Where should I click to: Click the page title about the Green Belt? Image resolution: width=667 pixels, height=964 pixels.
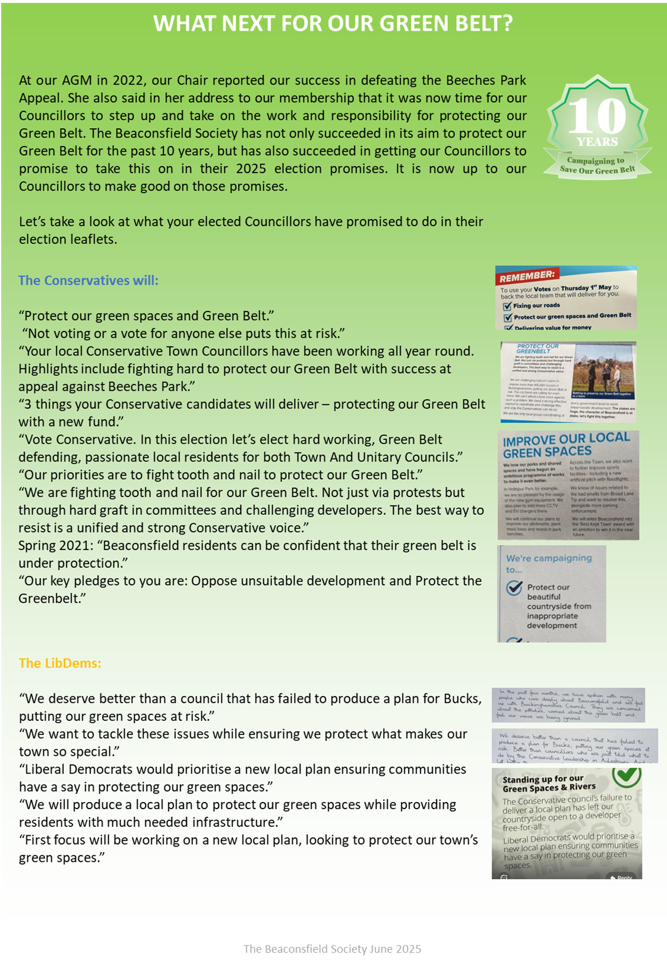pyautogui.click(x=333, y=23)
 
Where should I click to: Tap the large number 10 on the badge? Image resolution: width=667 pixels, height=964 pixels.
pyautogui.click(x=598, y=115)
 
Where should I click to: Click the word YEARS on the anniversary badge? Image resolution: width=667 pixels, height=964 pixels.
pyautogui.click(x=598, y=142)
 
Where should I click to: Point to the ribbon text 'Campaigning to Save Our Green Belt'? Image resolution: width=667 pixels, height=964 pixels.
pyautogui.click(x=598, y=165)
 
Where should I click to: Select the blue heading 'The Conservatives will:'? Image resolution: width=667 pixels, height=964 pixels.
pyautogui.click(x=88, y=280)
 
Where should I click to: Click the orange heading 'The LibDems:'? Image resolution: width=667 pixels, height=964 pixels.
pyautogui.click(x=60, y=663)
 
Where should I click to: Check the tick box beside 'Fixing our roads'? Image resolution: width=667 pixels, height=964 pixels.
pyautogui.click(x=507, y=306)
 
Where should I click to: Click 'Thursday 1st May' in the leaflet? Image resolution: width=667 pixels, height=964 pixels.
pyautogui.click(x=581, y=288)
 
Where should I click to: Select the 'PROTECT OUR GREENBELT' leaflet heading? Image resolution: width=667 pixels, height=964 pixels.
pyautogui.click(x=537, y=348)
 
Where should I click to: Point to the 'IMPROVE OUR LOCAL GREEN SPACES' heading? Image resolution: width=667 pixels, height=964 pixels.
pyautogui.click(x=566, y=444)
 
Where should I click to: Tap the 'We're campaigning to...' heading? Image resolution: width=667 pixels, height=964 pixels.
pyautogui.click(x=548, y=564)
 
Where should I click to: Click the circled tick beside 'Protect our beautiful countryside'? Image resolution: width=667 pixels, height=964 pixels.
pyautogui.click(x=514, y=588)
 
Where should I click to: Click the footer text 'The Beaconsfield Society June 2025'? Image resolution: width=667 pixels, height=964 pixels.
pyautogui.click(x=333, y=949)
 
